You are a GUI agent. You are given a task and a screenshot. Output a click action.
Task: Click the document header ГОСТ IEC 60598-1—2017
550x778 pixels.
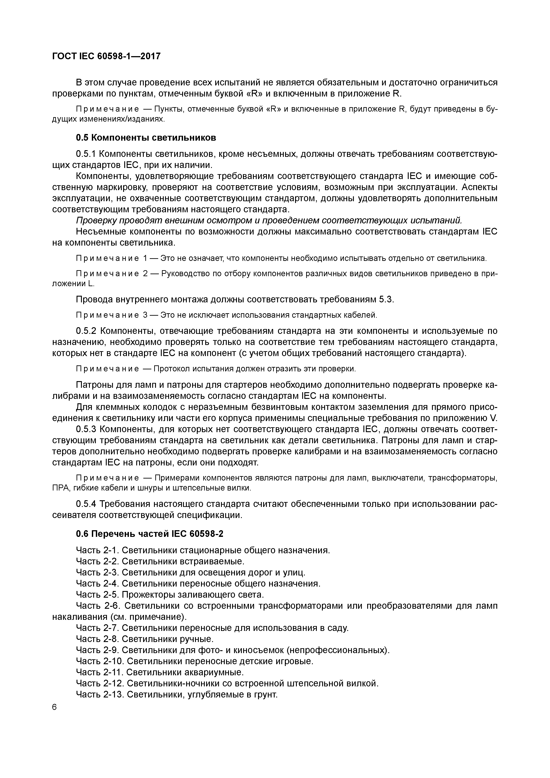pyautogui.click(x=106, y=56)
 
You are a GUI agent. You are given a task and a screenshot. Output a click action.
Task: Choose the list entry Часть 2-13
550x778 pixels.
pyautogui.click(x=100, y=695)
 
